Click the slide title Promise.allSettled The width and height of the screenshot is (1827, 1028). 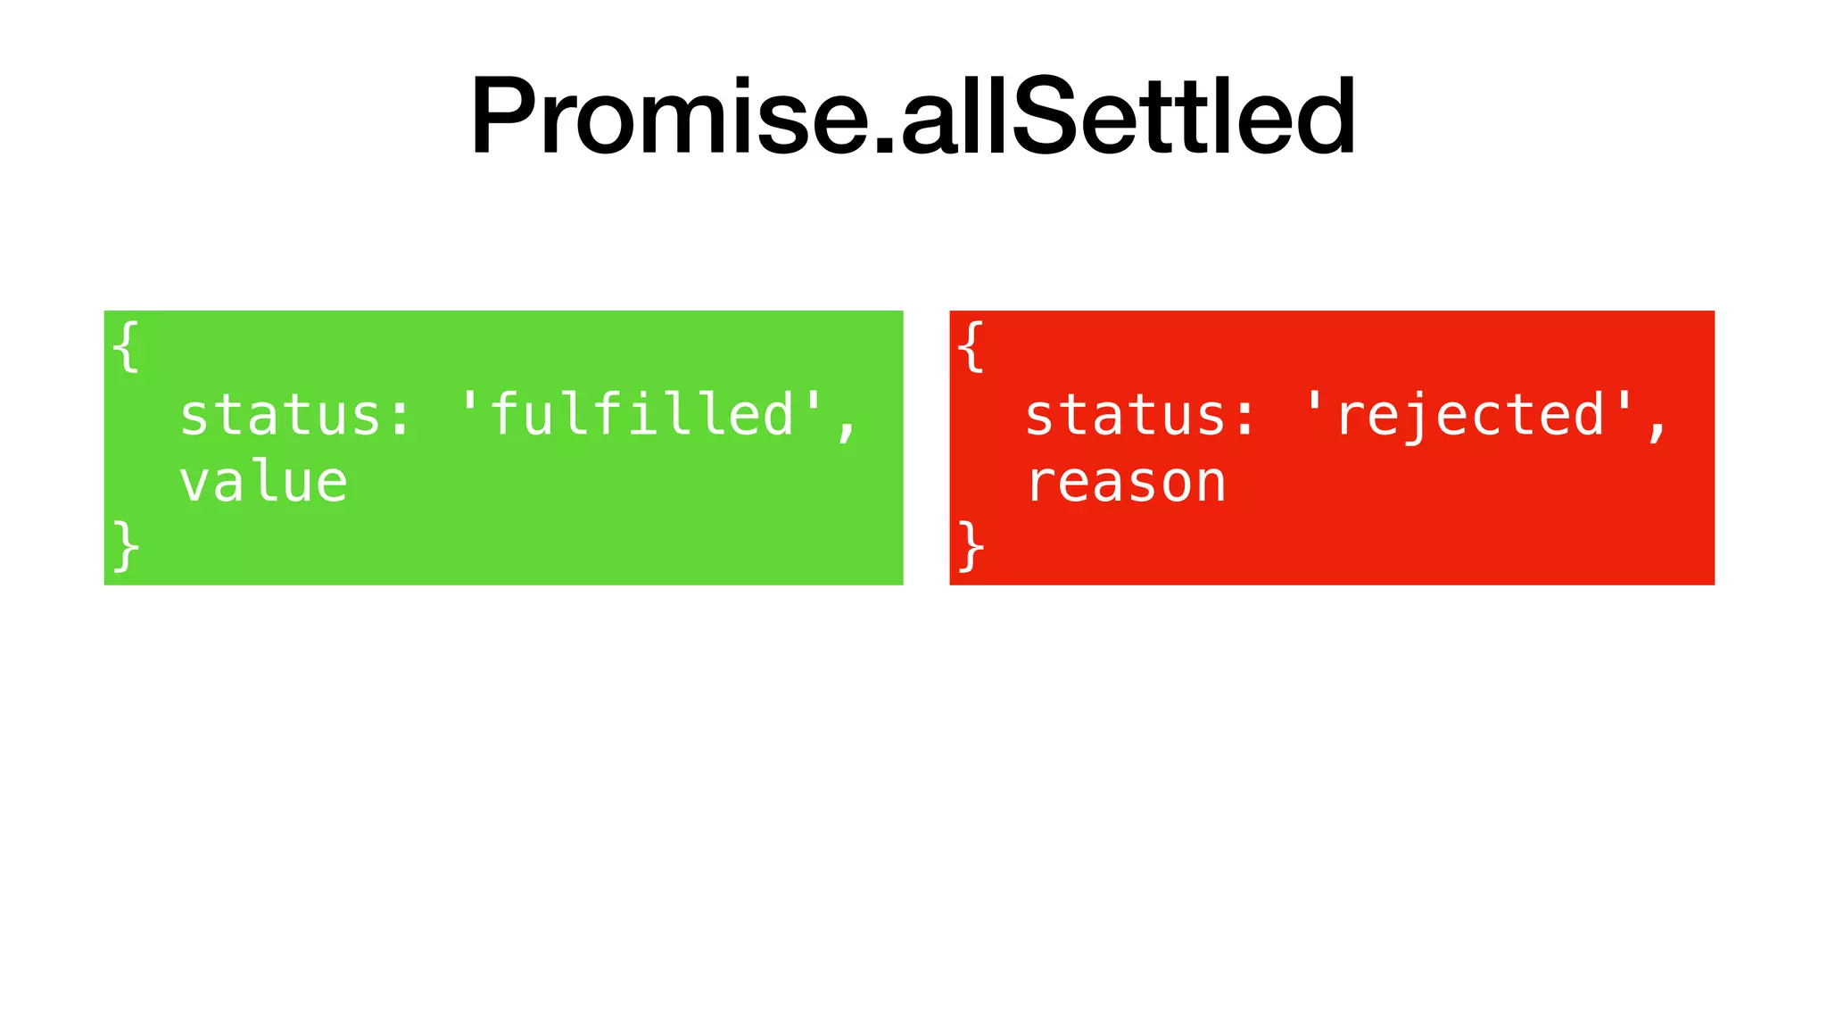(913, 116)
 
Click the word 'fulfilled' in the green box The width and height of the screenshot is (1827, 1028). (641, 415)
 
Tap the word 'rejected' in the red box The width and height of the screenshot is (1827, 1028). (1470, 415)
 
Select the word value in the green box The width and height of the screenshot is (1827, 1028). (263, 483)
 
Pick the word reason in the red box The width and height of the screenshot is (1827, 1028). (1126, 483)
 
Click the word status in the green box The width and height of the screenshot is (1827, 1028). (280, 415)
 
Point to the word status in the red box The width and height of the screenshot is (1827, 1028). (1126, 415)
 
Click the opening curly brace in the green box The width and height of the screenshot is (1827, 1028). (127, 346)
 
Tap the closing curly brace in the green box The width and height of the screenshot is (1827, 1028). (127, 546)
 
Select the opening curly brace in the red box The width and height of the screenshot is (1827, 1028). (971, 346)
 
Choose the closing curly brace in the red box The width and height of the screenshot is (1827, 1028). (971, 546)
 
